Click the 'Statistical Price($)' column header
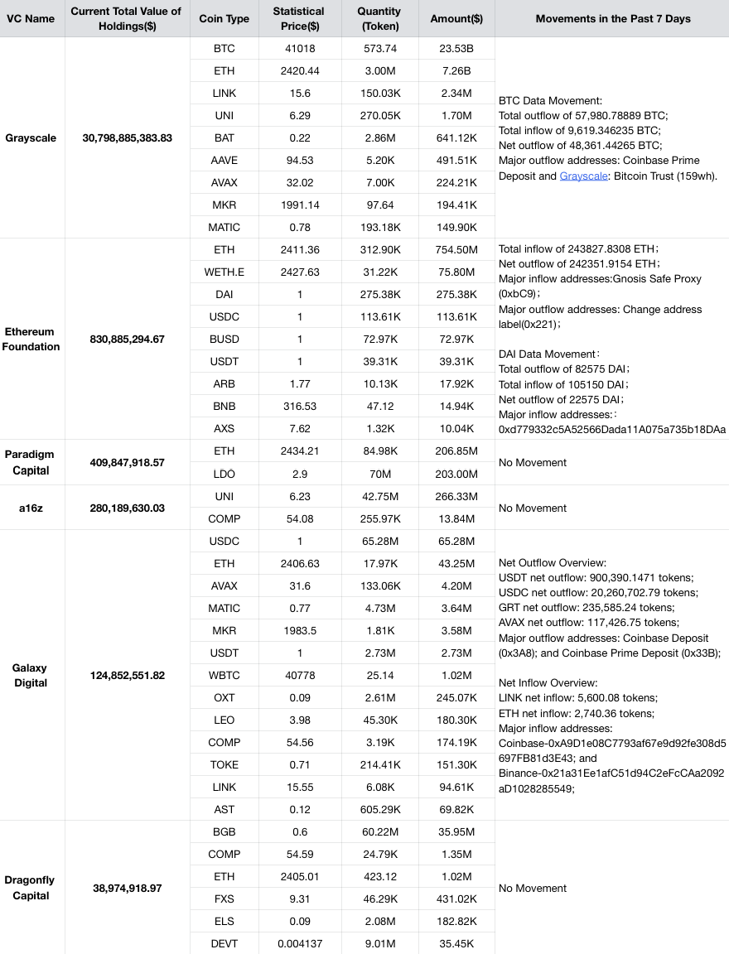[x=300, y=18]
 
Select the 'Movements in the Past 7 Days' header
[x=612, y=18]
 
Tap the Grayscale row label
[x=31, y=138]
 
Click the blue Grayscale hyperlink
[x=581, y=176]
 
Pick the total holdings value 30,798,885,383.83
[x=128, y=138]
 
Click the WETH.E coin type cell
[x=224, y=272]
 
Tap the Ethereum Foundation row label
[x=31, y=339]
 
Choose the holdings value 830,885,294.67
[x=128, y=339]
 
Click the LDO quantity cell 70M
[x=379, y=474]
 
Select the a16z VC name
[x=31, y=508]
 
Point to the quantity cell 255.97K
[x=379, y=519]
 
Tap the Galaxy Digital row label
[x=31, y=675]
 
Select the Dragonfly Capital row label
[x=31, y=888]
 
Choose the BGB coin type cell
[x=224, y=831]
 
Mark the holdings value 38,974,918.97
[x=128, y=888]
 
